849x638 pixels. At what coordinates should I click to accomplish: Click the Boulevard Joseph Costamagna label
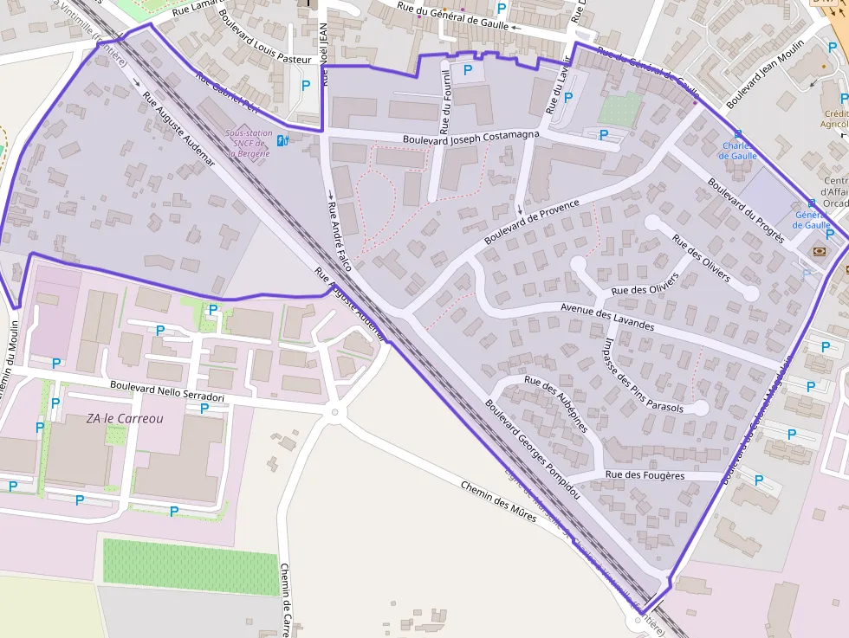coord(470,137)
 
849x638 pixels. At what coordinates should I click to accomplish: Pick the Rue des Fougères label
coord(645,475)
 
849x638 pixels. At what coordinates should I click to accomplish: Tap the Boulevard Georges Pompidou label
coord(532,448)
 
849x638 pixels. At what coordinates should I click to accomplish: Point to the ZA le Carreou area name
coord(124,418)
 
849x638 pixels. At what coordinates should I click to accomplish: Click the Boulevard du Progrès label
coord(745,209)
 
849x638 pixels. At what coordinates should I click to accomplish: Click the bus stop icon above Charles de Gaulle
coord(738,134)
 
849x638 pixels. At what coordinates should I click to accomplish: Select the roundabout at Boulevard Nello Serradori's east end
coord(335,412)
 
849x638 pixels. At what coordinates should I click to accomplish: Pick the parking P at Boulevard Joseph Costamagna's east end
coord(604,135)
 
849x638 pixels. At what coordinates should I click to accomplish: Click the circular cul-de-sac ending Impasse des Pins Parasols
coord(701,407)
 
